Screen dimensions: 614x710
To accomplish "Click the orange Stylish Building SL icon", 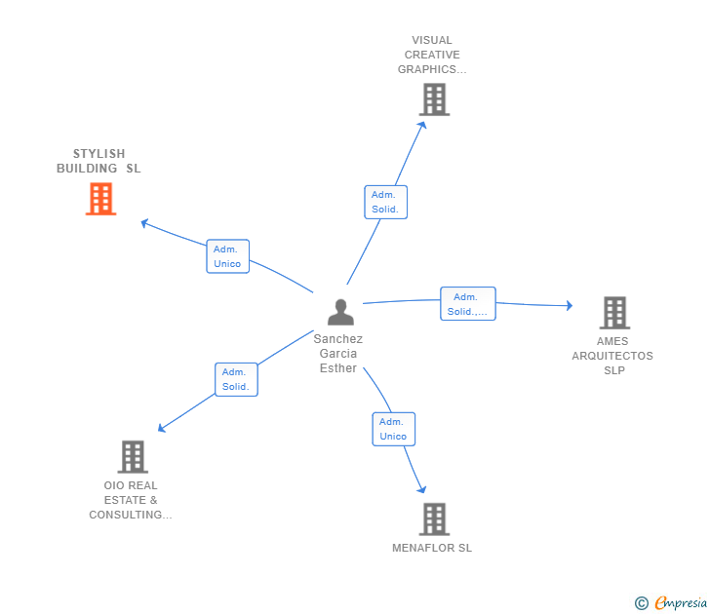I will point(100,199).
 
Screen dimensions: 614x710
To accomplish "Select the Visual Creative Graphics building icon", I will point(434,99).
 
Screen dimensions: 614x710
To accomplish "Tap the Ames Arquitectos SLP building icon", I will point(613,313).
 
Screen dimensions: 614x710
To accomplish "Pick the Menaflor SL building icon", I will point(434,518).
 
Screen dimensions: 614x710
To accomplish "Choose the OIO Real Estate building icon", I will point(132,456).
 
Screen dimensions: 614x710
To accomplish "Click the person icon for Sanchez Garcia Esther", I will point(340,312).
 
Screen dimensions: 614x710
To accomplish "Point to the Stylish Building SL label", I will point(99,161).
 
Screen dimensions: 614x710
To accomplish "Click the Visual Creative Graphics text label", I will point(432,55).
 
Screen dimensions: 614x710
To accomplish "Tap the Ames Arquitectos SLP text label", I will point(612,356).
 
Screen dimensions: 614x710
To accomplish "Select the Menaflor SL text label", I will point(432,548).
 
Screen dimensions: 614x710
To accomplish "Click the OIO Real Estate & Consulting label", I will point(131,500).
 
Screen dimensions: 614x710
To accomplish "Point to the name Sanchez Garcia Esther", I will point(338,354).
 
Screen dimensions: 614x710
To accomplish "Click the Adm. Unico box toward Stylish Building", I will point(228,256).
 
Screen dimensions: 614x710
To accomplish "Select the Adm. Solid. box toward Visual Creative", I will point(385,202).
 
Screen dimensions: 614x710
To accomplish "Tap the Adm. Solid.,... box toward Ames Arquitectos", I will point(468,304).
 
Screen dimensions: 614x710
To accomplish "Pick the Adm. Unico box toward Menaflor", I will point(393,429).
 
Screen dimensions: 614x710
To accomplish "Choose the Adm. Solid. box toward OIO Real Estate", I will point(236,379).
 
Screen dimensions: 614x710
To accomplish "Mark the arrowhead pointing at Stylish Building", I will point(144,223).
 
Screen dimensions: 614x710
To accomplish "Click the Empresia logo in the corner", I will point(671,603).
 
